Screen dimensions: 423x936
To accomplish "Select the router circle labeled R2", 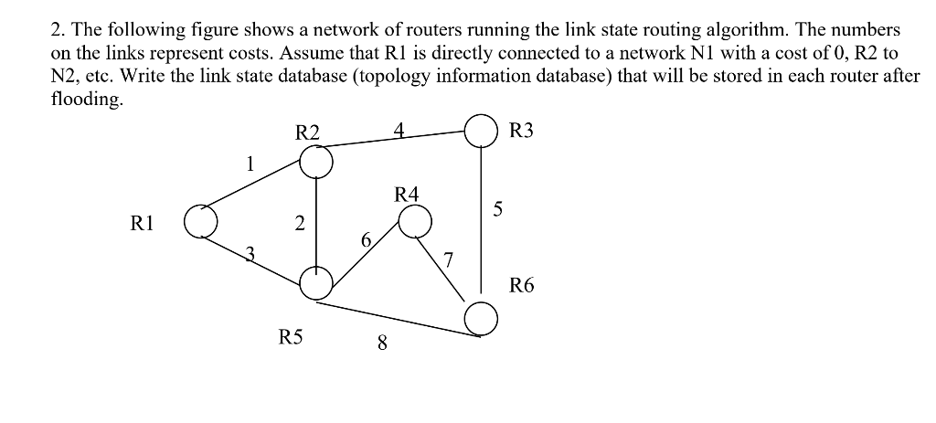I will point(316,163).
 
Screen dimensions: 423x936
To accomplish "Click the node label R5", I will point(290,338).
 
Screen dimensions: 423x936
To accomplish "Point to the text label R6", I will point(522,286).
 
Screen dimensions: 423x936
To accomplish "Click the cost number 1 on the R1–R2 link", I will point(248,165).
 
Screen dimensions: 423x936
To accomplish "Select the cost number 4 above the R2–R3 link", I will point(398,129).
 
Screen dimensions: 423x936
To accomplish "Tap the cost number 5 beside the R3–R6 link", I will point(497,209).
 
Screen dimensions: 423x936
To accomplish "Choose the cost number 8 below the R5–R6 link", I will point(382,344).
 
